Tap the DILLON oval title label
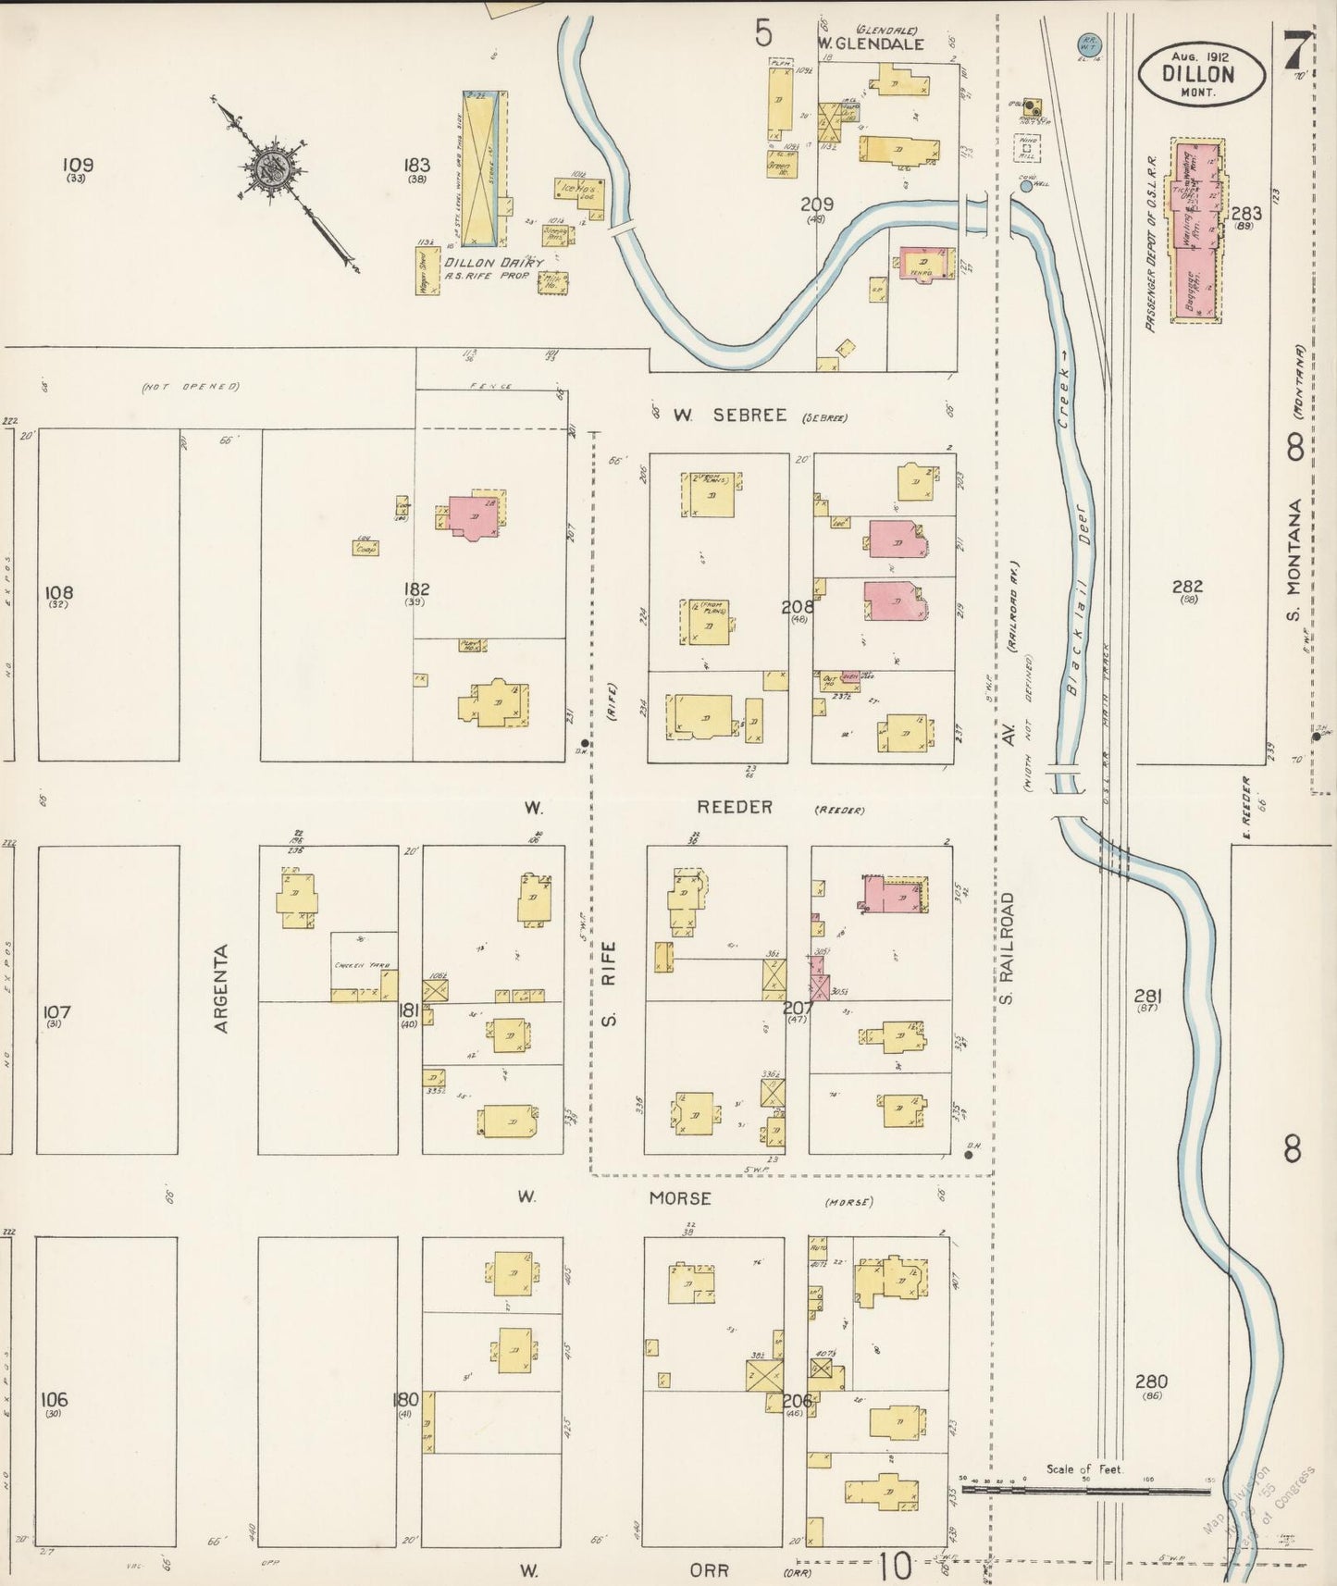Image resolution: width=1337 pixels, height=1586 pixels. (1199, 75)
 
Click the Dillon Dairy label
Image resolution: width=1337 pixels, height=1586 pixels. (492, 262)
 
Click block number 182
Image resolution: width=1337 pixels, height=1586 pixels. (417, 589)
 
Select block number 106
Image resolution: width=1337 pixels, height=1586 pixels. (55, 1399)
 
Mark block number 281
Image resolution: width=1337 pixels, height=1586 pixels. (1147, 997)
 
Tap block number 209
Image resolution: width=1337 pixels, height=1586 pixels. (817, 204)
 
